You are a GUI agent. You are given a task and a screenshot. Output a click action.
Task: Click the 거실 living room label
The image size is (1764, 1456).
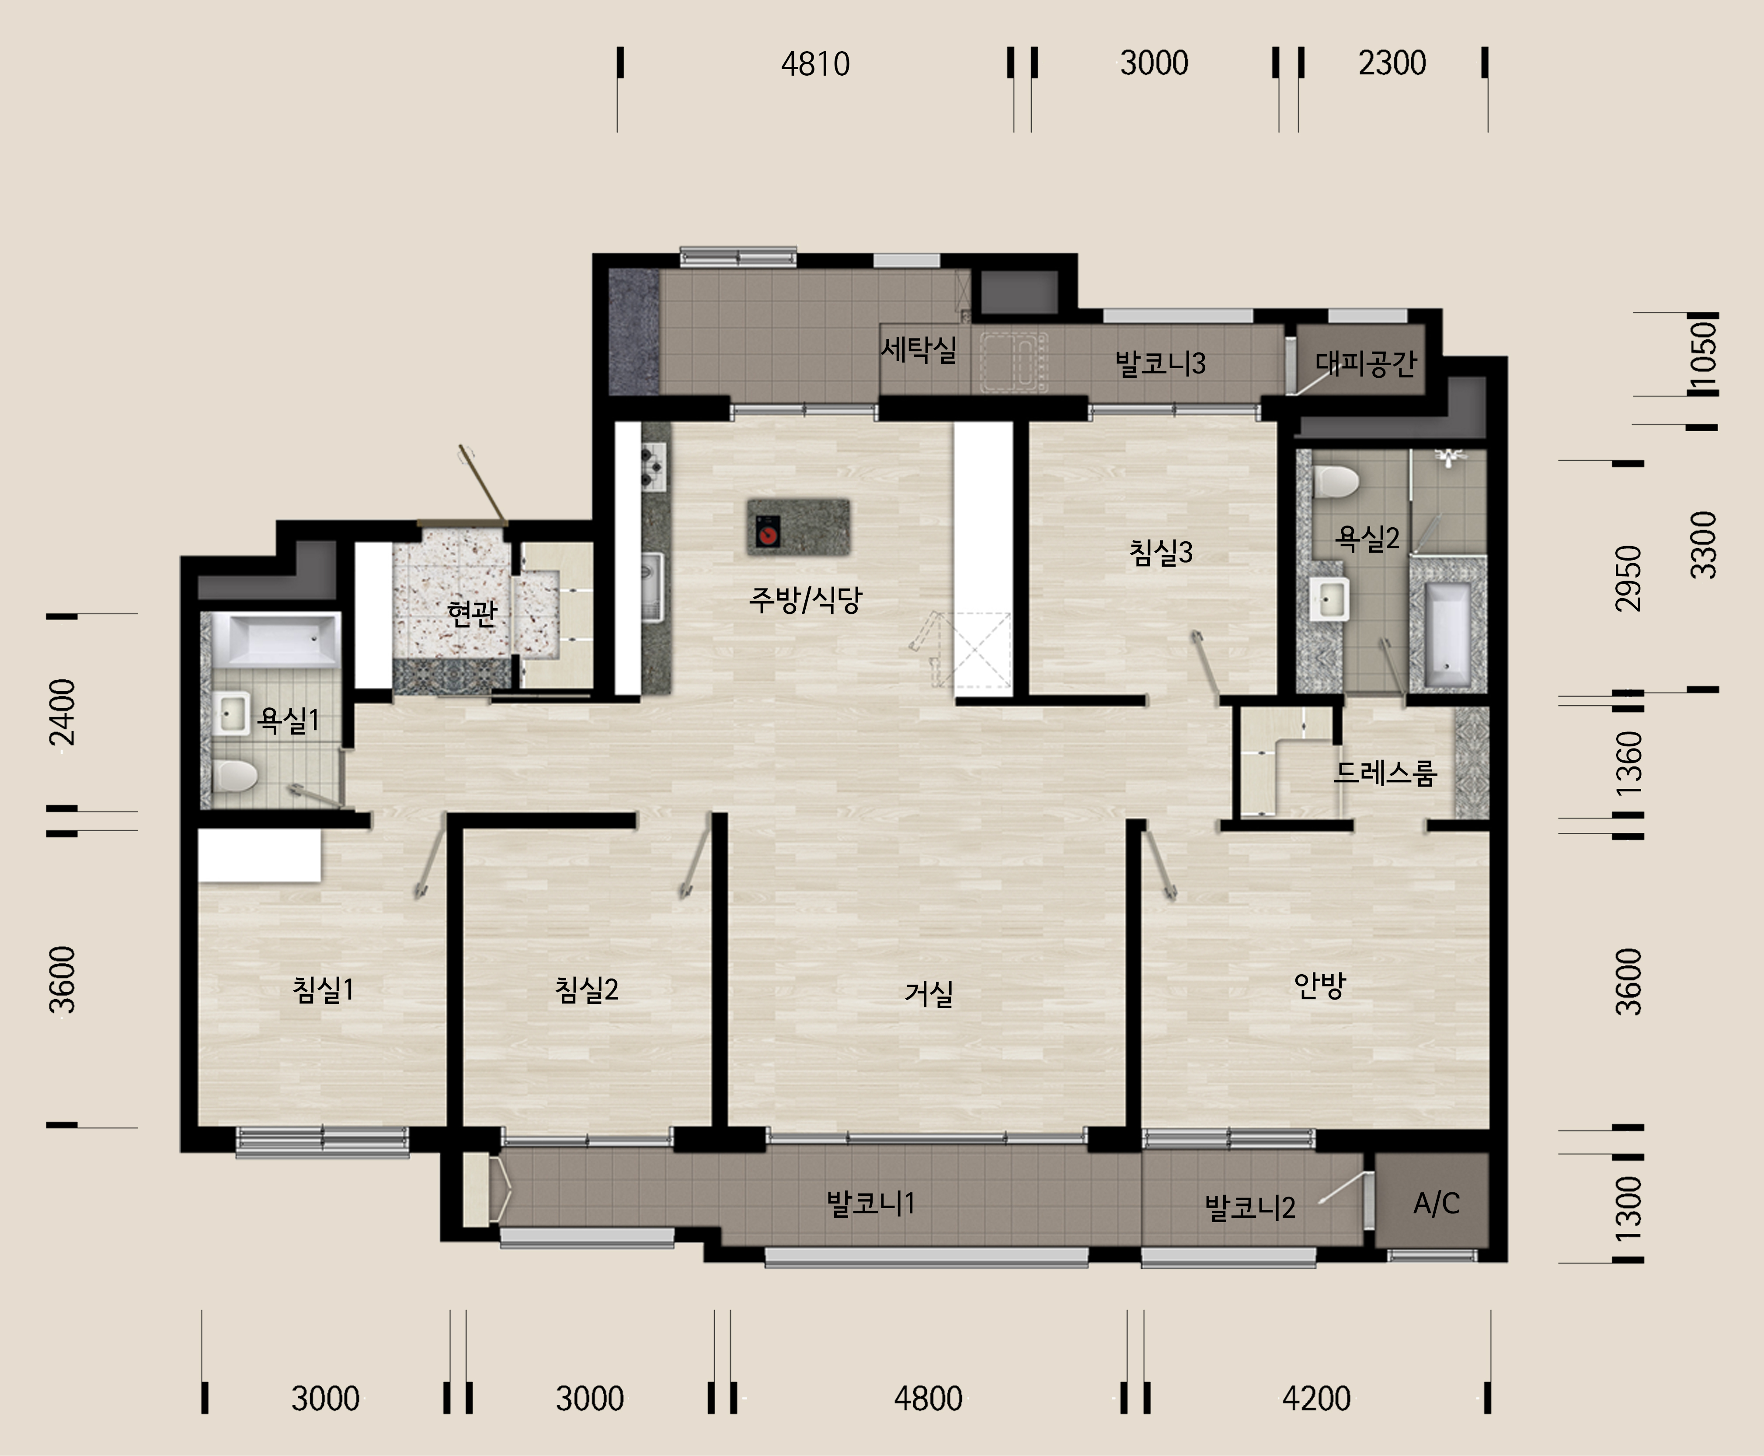(x=929, y=994)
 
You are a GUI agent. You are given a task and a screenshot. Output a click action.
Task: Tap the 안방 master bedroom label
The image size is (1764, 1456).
(x=1320, y=986)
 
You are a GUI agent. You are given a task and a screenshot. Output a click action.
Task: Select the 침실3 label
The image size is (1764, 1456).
(x=1161, y=552)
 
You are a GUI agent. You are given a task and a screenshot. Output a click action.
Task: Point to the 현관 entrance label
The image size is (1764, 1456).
(x=472, y=613)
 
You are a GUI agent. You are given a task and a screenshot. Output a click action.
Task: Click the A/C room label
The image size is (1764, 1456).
(x=1436, y=1204)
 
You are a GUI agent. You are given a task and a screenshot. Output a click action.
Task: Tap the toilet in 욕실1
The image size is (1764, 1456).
(x=234, y=776)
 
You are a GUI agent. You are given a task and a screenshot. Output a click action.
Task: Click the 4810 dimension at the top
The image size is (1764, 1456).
(x=815, y=64)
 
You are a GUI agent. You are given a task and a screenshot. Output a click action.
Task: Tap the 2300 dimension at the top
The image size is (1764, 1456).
(x=1392, y=63)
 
